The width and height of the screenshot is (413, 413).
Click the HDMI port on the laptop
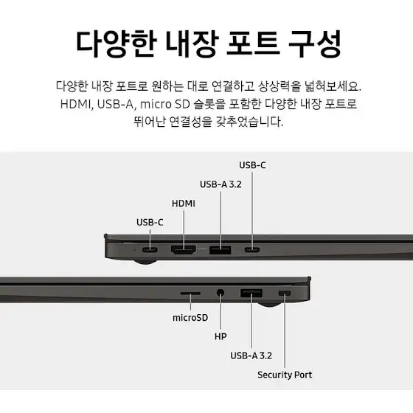(x=184, y=250)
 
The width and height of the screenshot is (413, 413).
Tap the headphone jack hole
(x=221, y=293)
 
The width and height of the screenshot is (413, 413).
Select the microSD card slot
(x=190, y=294)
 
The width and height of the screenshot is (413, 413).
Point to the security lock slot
(x=285, y=294)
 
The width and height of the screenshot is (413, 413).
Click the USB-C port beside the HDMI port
(x=150, y=249)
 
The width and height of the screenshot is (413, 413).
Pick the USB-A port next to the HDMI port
(x=221, y=250)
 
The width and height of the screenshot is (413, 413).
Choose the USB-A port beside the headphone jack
(x=251, y=294)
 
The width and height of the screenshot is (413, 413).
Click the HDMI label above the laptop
(x=184, y=204)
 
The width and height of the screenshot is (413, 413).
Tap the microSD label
(x=190, y=318)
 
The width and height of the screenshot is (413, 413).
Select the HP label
(x=221, y=336)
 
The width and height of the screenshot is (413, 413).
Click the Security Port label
(x=285, y=375)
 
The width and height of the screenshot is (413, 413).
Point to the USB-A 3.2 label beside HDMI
(x=221, y=184)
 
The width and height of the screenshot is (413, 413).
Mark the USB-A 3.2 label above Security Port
(x=251, y=355)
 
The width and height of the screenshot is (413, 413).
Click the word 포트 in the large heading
(x=252, y=44)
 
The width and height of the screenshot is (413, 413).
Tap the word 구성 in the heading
(x=315, y=44)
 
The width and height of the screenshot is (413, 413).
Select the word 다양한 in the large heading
(x=117, y=44)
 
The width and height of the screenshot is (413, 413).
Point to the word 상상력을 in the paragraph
(x=280, y=86)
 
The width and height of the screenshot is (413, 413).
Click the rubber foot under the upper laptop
(x=145, y=262)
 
